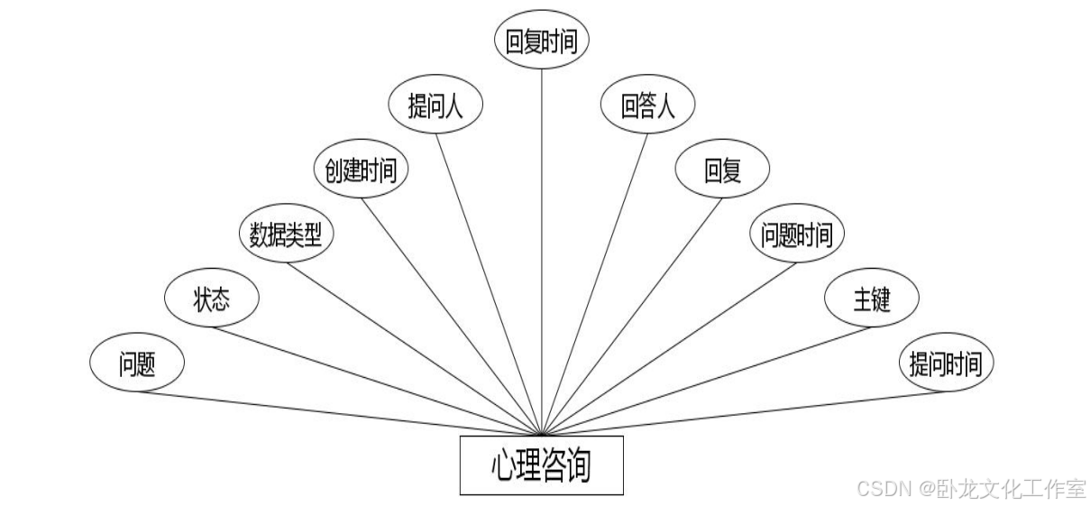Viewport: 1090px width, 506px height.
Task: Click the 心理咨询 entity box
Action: [x=541, y=465]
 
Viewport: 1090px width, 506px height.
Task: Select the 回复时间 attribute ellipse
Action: [x=541, y=41]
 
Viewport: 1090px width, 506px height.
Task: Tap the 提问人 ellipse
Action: [x=435, y=106]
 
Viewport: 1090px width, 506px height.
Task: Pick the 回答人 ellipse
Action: [x=647, y=106]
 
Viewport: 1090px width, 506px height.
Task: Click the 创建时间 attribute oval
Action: [x=361, y=170]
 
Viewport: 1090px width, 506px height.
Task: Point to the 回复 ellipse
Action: [x=722, y=170]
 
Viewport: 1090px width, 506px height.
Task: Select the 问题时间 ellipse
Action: [x=797, y=235]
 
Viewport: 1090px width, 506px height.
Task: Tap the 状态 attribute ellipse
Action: [x=213, y=299]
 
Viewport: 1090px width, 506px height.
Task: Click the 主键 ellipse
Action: [x=872, y=299]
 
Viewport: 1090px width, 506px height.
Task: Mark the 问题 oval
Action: [x=137, y=364]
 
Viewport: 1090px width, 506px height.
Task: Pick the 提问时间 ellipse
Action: [x=947, y=364]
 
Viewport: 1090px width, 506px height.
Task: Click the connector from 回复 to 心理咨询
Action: [x=631, y=315]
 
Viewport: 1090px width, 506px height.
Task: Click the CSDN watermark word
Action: [x=883, y=489]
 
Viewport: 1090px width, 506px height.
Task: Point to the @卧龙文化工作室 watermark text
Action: [x=1002, y=489]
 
